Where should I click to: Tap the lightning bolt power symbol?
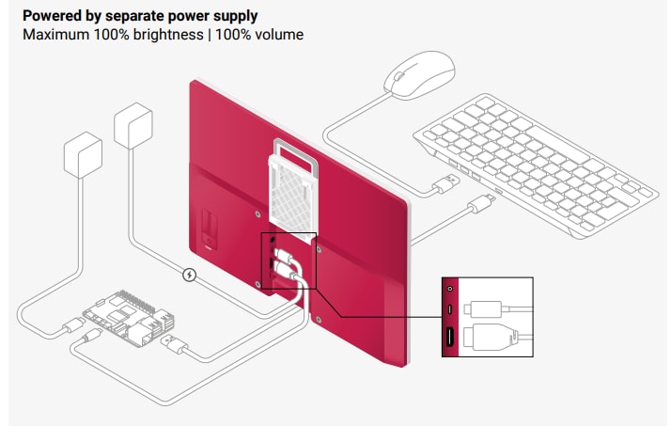[190, 276]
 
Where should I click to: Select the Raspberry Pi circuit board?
[122, 317]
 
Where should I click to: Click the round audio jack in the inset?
[451, 288]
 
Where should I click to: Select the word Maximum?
[53, 35]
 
